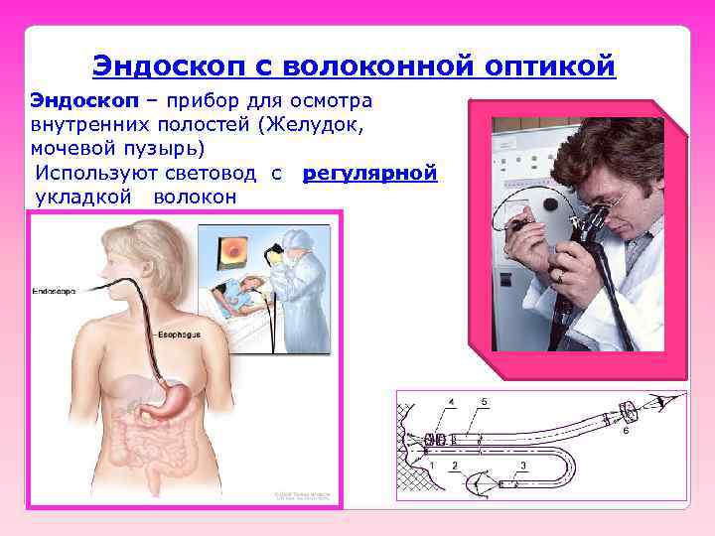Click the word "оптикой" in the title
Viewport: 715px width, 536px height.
550,66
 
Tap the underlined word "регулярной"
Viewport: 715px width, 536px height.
369,174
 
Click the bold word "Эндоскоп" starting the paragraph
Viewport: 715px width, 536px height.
71,102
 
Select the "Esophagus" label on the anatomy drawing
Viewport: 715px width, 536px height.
179,335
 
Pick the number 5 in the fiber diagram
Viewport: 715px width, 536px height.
484,401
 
